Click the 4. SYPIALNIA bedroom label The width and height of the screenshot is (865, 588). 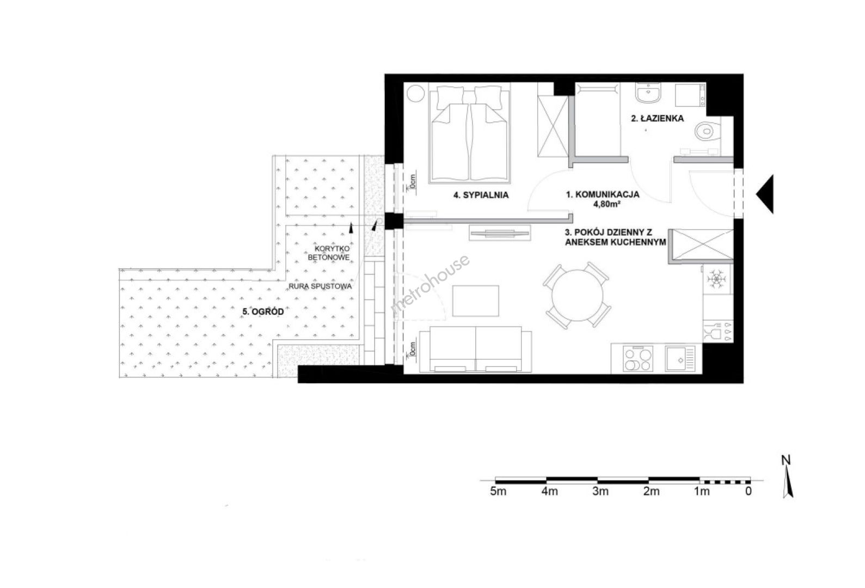pos(481,195)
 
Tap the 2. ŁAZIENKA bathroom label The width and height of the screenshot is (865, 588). pos(657,118)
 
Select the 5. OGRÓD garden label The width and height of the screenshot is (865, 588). pos(263,311)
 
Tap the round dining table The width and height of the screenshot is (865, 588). pos(578,295)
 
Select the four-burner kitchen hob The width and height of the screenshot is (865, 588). pos(637,359)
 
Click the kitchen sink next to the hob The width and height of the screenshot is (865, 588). pos(679,359)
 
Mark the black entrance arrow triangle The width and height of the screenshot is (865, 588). pos(765,194)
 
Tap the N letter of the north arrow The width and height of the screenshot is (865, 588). pos(786,460)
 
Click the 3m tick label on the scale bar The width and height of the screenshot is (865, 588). pos(600,492)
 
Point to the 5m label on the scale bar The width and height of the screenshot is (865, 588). pos(498,492)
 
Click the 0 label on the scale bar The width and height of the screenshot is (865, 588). pos(749,492)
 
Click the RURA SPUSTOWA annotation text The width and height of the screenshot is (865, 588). pos(321,287)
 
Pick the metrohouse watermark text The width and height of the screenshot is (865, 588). pos(431,284)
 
